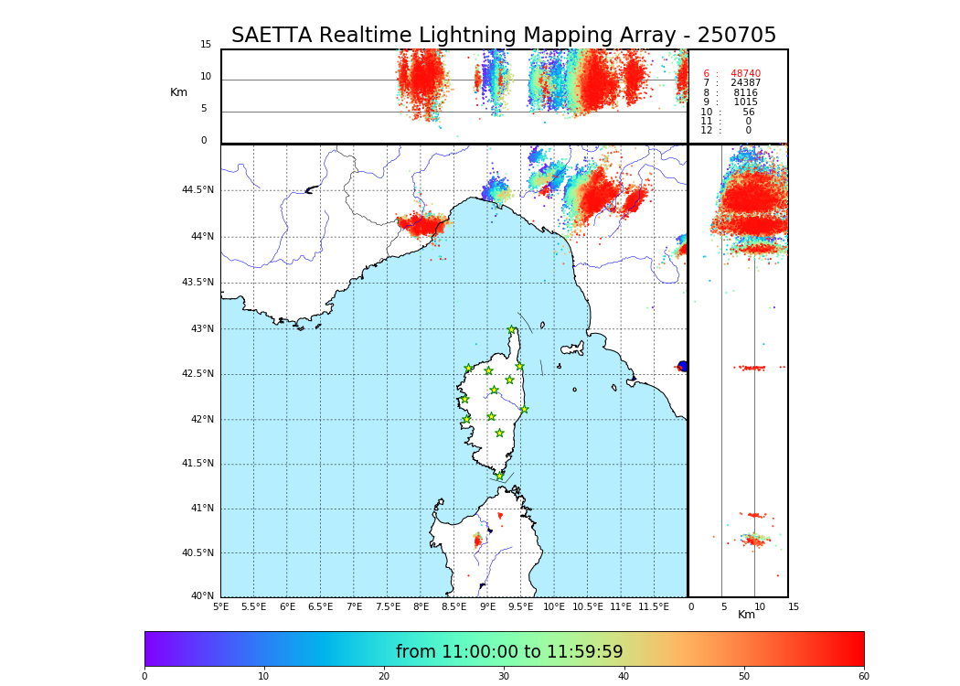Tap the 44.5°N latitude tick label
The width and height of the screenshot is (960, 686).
point(197,190)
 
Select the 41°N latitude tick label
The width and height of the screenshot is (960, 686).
point(201,509)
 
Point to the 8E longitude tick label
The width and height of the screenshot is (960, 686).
point(421,606)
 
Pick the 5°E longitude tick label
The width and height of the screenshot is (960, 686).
point(221,606)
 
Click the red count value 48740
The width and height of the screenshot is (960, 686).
point(745,74)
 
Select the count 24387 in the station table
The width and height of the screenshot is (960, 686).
point(745,83)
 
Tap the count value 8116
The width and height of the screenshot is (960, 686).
point(745,93)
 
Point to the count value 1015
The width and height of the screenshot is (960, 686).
point(745,102)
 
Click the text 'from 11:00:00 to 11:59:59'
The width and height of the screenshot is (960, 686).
point(509,652)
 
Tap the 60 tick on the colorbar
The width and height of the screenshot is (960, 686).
point(863,676)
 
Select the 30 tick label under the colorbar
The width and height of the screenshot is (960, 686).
point(504,676)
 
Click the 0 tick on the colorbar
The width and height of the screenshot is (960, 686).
point(144,676)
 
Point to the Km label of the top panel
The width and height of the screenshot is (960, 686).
point(179,92)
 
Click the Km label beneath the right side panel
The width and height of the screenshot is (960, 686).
point(747,615)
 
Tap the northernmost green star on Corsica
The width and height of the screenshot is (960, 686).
point(512,330)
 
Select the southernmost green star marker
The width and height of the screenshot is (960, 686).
point(499,476)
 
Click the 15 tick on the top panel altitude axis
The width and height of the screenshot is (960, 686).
point(206,45)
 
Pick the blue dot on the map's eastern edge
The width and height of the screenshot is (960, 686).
point(682,366)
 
